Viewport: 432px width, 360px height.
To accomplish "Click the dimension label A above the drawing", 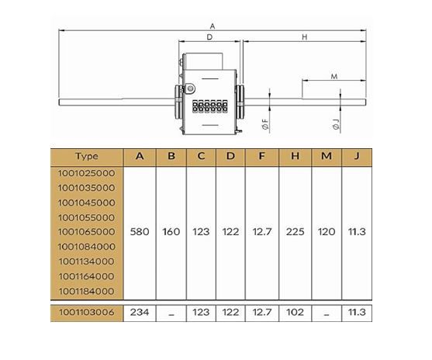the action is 213,26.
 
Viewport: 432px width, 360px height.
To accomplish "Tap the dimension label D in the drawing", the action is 209,37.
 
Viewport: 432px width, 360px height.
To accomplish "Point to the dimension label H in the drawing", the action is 305,37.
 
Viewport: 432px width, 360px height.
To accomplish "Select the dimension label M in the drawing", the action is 334,76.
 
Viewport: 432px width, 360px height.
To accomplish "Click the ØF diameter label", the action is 265,124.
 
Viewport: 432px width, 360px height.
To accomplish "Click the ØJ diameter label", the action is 336,124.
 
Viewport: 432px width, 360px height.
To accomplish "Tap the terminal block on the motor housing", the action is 210,106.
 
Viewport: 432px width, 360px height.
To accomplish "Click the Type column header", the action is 87,156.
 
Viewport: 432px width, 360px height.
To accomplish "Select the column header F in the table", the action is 261,156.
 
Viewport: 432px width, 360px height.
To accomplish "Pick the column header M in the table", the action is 327,156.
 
